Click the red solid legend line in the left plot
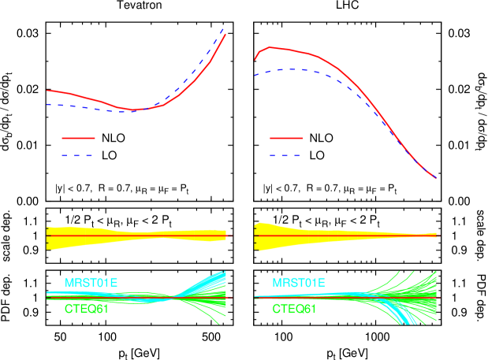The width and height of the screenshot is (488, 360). [78, 138]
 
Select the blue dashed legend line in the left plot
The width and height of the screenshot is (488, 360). [78, 156]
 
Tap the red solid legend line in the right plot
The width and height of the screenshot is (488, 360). [286, 138]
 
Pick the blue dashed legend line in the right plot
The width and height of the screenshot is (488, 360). [286, 156]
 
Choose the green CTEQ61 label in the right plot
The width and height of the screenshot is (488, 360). [294, 309]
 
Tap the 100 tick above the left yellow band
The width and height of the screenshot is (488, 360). [107, 213]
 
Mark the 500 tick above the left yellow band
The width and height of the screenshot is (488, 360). [211, 213]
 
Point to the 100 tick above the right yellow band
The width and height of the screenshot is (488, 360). [284, 213]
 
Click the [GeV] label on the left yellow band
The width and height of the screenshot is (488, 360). [146, 228]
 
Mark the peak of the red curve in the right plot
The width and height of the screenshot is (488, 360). [271, 47]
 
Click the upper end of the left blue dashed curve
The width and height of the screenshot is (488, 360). [225, 28]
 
